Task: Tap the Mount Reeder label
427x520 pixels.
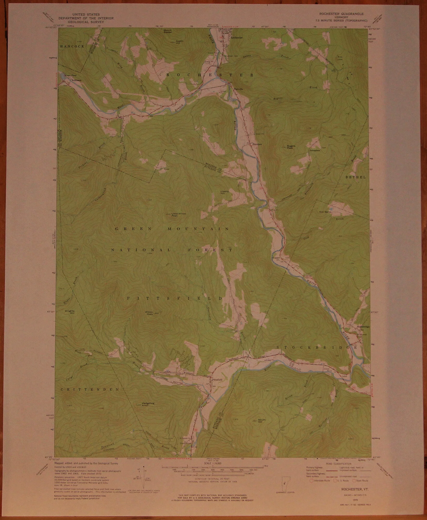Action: pyautogui.click(x=168, y=31)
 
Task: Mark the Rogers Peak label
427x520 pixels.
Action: pyautogui.click(x=291, y=147)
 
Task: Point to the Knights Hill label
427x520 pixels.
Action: pyautogui.click(x=70, y=312)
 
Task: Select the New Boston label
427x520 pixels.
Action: pyautogui.click(x=325, y=212)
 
